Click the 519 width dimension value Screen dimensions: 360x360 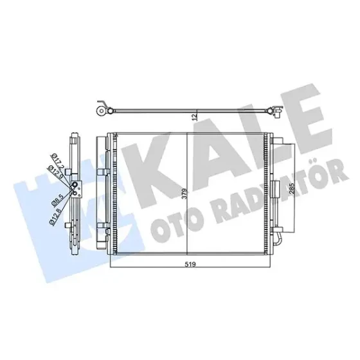[190, 264]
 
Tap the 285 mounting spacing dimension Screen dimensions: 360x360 [292, 189]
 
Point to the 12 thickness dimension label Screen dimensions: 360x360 [195, 117]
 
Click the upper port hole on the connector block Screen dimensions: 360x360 [75, 184]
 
